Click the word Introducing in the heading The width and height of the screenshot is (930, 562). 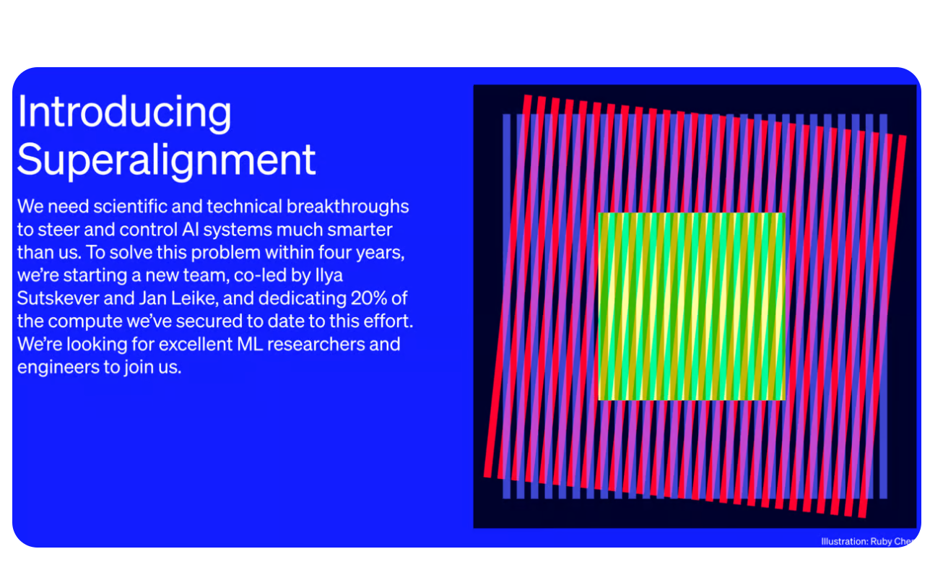(x=124, y=113)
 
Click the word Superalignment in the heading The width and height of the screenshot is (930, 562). (x=167, y=160)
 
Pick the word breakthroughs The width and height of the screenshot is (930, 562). (x=348, y=207)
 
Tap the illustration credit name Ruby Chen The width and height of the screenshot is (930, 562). (x=896, y=542)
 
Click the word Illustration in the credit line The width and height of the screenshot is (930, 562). (x=844, y=542)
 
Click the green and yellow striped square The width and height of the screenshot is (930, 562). (x=691, y=306)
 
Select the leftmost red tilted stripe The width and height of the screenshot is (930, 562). (x=508, y=289)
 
